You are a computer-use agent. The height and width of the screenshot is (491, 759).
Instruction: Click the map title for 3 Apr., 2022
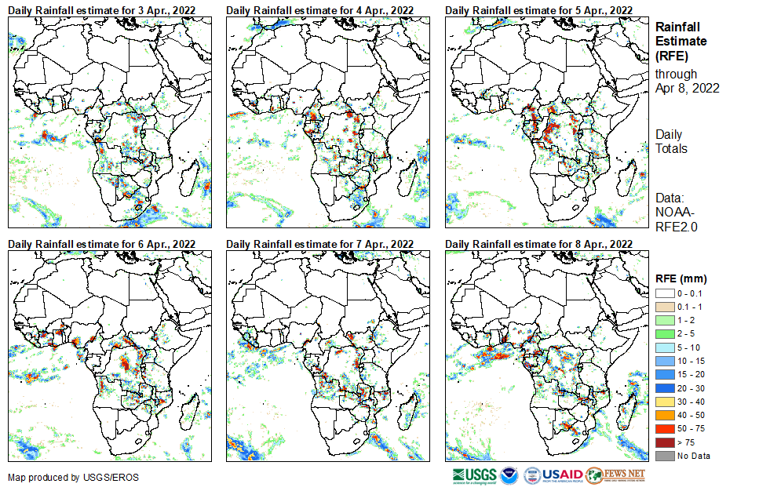[x=102, y=9]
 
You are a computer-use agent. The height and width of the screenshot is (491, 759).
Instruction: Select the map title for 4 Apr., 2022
[x=320, y=9]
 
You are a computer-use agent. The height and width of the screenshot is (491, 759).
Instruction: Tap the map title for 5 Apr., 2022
[x=538, y=9]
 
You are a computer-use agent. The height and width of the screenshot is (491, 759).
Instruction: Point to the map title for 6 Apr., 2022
[x=102, y=245]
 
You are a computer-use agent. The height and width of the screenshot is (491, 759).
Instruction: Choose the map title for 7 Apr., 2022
[x=320, y=245]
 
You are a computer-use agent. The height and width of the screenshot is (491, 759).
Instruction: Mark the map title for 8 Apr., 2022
[x=538, y=245]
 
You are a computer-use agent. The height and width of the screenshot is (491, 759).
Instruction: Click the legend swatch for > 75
[x=663, y=443]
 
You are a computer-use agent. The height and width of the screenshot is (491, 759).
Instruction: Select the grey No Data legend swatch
[x=663, y=456]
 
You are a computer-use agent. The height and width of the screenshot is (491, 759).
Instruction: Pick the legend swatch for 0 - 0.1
[x=663, y=293]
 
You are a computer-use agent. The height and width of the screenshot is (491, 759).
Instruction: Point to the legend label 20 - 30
[x=691, y=388]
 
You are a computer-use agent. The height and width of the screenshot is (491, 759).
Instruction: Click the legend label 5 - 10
[x=689, y=347]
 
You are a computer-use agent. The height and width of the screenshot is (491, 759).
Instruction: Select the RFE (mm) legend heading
[x=681, y=278]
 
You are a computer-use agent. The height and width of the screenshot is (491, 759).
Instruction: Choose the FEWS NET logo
[x=615, y=475]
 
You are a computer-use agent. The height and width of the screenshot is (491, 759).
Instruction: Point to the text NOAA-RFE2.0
[x=676, y=220]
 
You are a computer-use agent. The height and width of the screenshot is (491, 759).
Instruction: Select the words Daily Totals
[x=671, y=141]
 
